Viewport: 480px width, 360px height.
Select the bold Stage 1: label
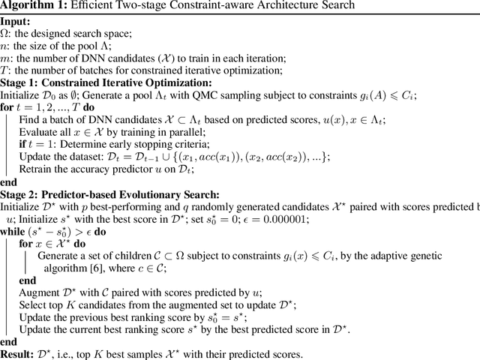(x=22, y=82)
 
